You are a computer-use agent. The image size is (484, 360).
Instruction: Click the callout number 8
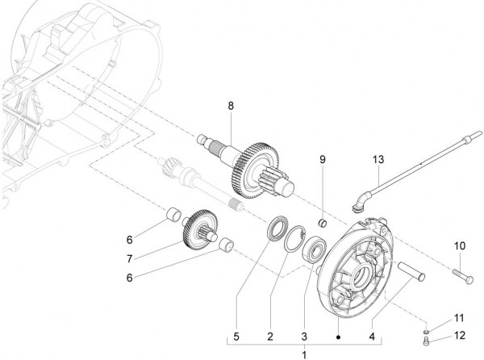pos(230,106)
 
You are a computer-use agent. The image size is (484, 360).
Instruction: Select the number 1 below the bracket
pos(304,354)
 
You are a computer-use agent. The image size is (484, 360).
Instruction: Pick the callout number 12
pos(460,336)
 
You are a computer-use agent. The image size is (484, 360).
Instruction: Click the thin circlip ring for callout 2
pos(295,241)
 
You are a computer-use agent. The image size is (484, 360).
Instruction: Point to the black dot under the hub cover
pos(339,337)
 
